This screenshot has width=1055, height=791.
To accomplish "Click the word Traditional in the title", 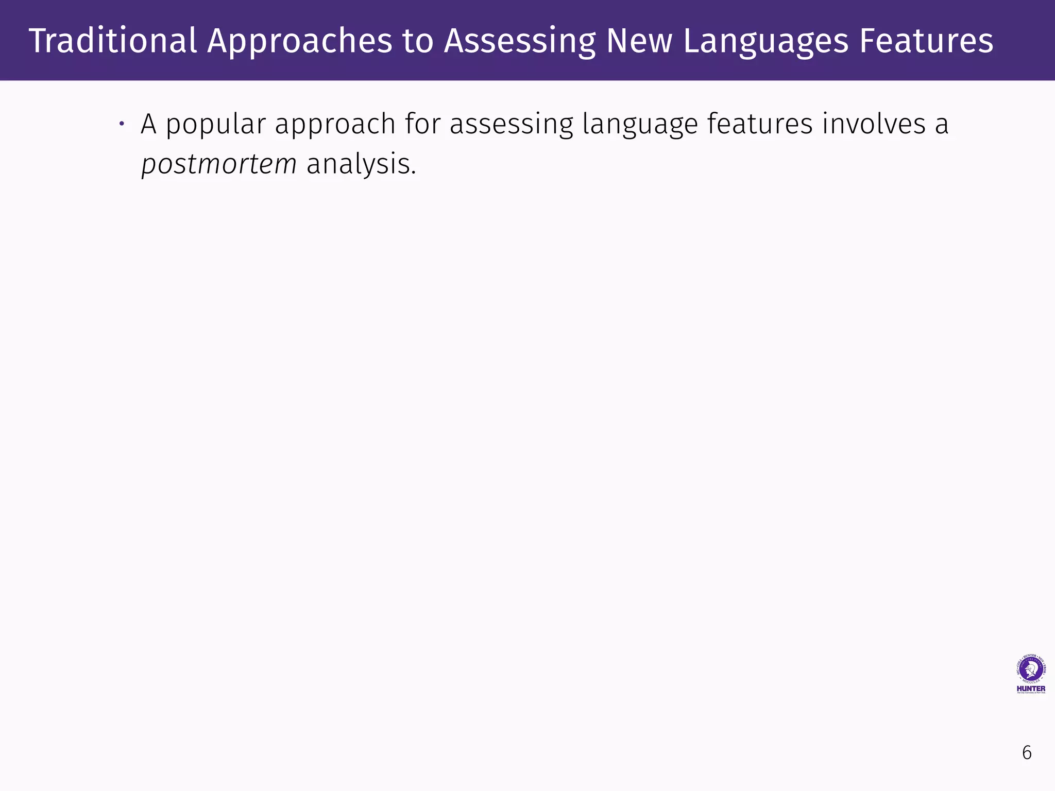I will (113, 41).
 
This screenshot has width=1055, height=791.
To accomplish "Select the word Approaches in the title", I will (299, 42).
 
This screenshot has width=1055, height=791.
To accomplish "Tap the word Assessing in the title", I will (519, 42).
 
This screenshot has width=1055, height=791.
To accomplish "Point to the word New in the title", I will (639, 41).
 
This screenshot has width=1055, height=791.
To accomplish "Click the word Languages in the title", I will (765, 42).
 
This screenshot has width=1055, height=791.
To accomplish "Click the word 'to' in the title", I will (418, 42).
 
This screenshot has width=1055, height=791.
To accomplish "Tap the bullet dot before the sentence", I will (122, 124).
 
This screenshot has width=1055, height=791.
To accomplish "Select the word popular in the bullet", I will (215, 125).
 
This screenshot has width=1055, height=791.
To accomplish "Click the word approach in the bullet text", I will (335, 125).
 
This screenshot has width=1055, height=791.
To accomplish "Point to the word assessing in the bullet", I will (511, 125).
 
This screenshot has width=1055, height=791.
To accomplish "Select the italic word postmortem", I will (219, 165).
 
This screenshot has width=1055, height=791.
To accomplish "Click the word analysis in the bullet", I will (361, 165).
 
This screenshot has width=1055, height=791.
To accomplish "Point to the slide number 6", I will (1027, 753).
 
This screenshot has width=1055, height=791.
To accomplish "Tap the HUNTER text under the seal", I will (1031, 689).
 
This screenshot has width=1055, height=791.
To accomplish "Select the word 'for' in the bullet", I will (422, 124).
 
